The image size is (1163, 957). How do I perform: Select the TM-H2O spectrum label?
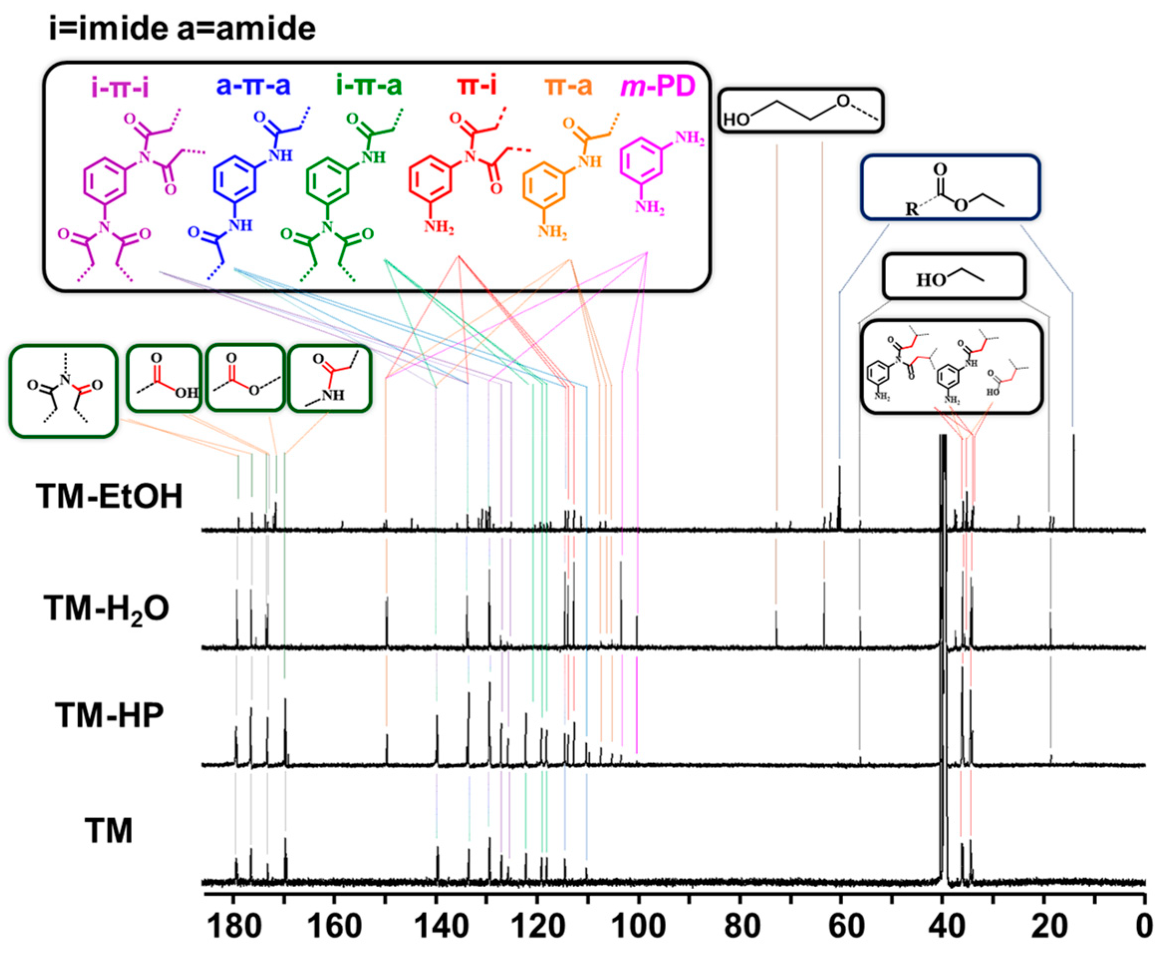coord(107,609)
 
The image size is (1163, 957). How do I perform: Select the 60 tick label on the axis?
coord(842,927)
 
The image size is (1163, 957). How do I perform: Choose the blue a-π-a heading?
coord(253,86)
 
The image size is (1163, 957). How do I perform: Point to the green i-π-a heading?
coord(369,86)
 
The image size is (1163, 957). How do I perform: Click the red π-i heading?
coord(477,86)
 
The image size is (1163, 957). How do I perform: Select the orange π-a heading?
coord(568,87)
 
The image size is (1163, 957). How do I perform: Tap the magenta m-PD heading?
coord(658,87)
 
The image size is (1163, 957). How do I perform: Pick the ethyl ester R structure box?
coord(950,188)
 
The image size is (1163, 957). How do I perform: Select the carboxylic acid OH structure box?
coord(164,379)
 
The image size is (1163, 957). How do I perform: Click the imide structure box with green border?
coord(63,392)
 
